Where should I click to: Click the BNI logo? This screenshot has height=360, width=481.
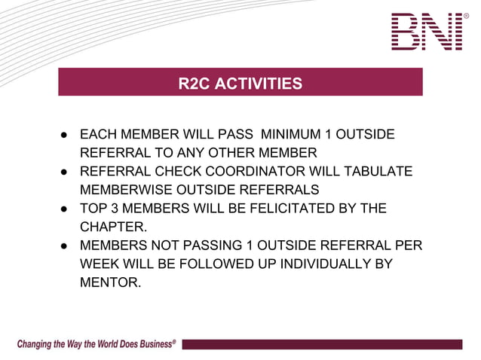[427, 32]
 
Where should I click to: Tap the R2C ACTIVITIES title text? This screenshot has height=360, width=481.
[240, 84]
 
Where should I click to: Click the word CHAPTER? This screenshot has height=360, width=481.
[112, 227]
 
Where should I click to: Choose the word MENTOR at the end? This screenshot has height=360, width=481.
[110, 282]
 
